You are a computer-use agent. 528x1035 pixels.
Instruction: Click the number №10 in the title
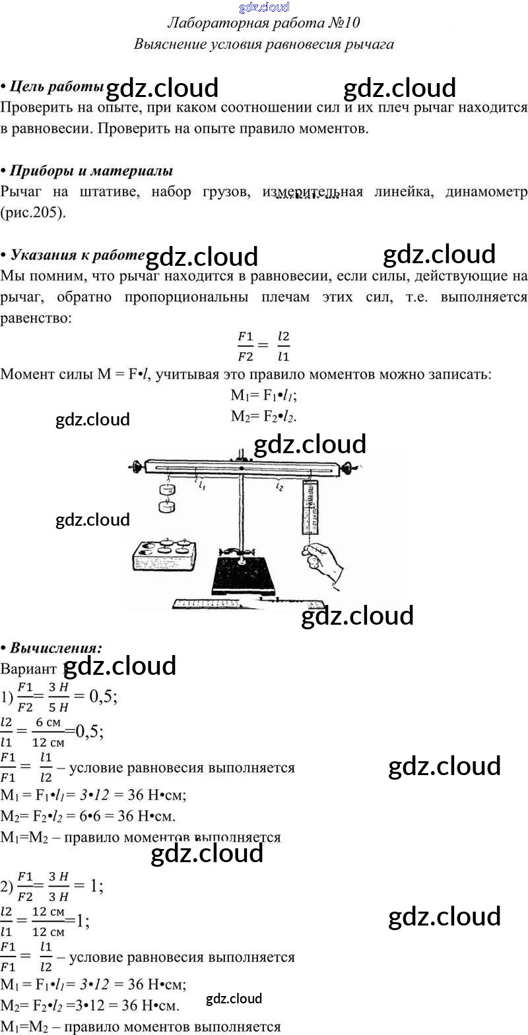coord(343,23)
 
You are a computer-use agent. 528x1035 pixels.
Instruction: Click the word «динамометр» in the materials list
coord(486,192)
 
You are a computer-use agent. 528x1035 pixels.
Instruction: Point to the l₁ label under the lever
coord(201,485)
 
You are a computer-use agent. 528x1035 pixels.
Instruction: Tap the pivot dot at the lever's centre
coord(242,468)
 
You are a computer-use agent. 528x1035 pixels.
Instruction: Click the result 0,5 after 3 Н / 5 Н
coord(103,697)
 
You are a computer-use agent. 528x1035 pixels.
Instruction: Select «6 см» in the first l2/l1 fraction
coord(48,722)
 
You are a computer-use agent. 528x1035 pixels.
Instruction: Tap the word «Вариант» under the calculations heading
coord(29,669)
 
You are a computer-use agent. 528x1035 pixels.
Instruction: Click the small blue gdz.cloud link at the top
coord(264,7)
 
